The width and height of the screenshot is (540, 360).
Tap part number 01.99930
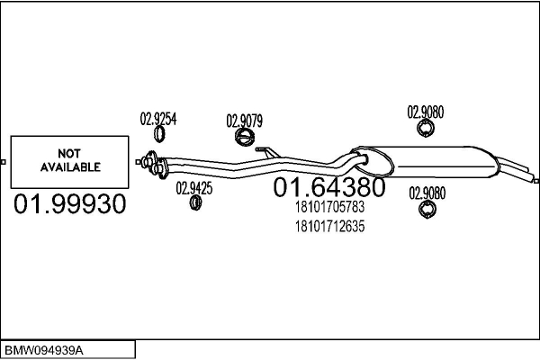click(x=68, y=205)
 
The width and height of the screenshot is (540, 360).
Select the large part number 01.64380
click(x=328, y=187)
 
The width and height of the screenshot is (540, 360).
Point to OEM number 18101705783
click(x=329, y=208)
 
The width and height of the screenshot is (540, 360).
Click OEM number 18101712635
click(x=329, y=226)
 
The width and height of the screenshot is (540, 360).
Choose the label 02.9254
click(x=157, y=117)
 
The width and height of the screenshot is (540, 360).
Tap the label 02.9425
click(x=193, y=187)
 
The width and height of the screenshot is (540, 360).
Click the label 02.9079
click(x=244, y=120)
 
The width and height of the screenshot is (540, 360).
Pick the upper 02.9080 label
click(x=426, y=112)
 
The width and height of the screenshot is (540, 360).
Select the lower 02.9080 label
click(x=426, y=192)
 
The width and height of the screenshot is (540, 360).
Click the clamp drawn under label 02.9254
click(x=159, y=134)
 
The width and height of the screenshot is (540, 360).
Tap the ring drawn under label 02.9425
click(x=194, y=204)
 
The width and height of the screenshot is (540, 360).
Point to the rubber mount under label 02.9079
click(x=244, y=138)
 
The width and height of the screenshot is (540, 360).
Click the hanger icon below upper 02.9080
click(x=427, y=131)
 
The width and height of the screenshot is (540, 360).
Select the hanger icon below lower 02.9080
click(x=427, y=210)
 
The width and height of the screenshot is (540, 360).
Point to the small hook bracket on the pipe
click(x=264, y=150)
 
